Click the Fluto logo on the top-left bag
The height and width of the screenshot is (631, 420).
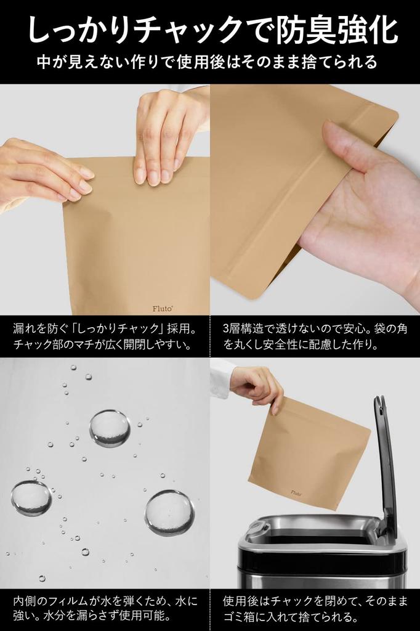click(162, 309)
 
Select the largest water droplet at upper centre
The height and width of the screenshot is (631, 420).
click(110, 428)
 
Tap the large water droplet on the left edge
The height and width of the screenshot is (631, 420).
click(31, 498)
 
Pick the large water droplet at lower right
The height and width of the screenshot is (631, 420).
click(169, 513)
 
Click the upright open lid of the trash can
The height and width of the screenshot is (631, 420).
click(386, 462)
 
